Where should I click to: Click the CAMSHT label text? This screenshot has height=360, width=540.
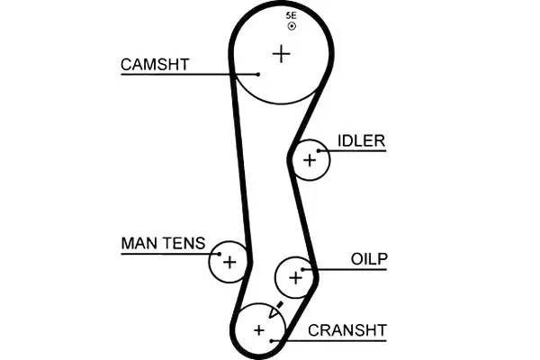[155, 65]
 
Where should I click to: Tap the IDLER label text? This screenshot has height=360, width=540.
[361, 140]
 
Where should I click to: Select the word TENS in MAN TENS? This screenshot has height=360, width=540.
[184, 243]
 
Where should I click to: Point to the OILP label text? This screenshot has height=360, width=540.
[369, 259]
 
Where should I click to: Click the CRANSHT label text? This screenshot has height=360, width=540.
[347, 330]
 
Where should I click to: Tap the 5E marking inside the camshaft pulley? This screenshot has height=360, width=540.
[291, 15]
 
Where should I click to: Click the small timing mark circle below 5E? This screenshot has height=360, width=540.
[292, 26]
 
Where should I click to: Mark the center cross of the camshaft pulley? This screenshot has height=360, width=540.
[282, 54]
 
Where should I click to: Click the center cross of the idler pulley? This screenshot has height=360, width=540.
[310, 160]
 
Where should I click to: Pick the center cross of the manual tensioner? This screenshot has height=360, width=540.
[229, 262]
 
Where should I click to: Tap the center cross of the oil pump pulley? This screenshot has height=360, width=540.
[295, 278]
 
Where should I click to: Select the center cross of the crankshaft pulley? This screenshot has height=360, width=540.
[259, 330]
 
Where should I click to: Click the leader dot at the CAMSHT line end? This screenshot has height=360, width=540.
[258, 74]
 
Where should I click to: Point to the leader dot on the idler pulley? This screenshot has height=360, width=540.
[319, 151]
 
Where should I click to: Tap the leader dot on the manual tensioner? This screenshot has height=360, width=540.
[219, 254]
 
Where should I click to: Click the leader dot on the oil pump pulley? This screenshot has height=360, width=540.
[302, 269]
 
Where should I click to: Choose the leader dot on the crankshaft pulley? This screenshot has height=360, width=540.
[272, 341]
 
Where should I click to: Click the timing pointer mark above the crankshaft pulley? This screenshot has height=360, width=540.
[276, 310]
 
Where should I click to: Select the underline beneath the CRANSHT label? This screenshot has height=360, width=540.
[328, 341]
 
